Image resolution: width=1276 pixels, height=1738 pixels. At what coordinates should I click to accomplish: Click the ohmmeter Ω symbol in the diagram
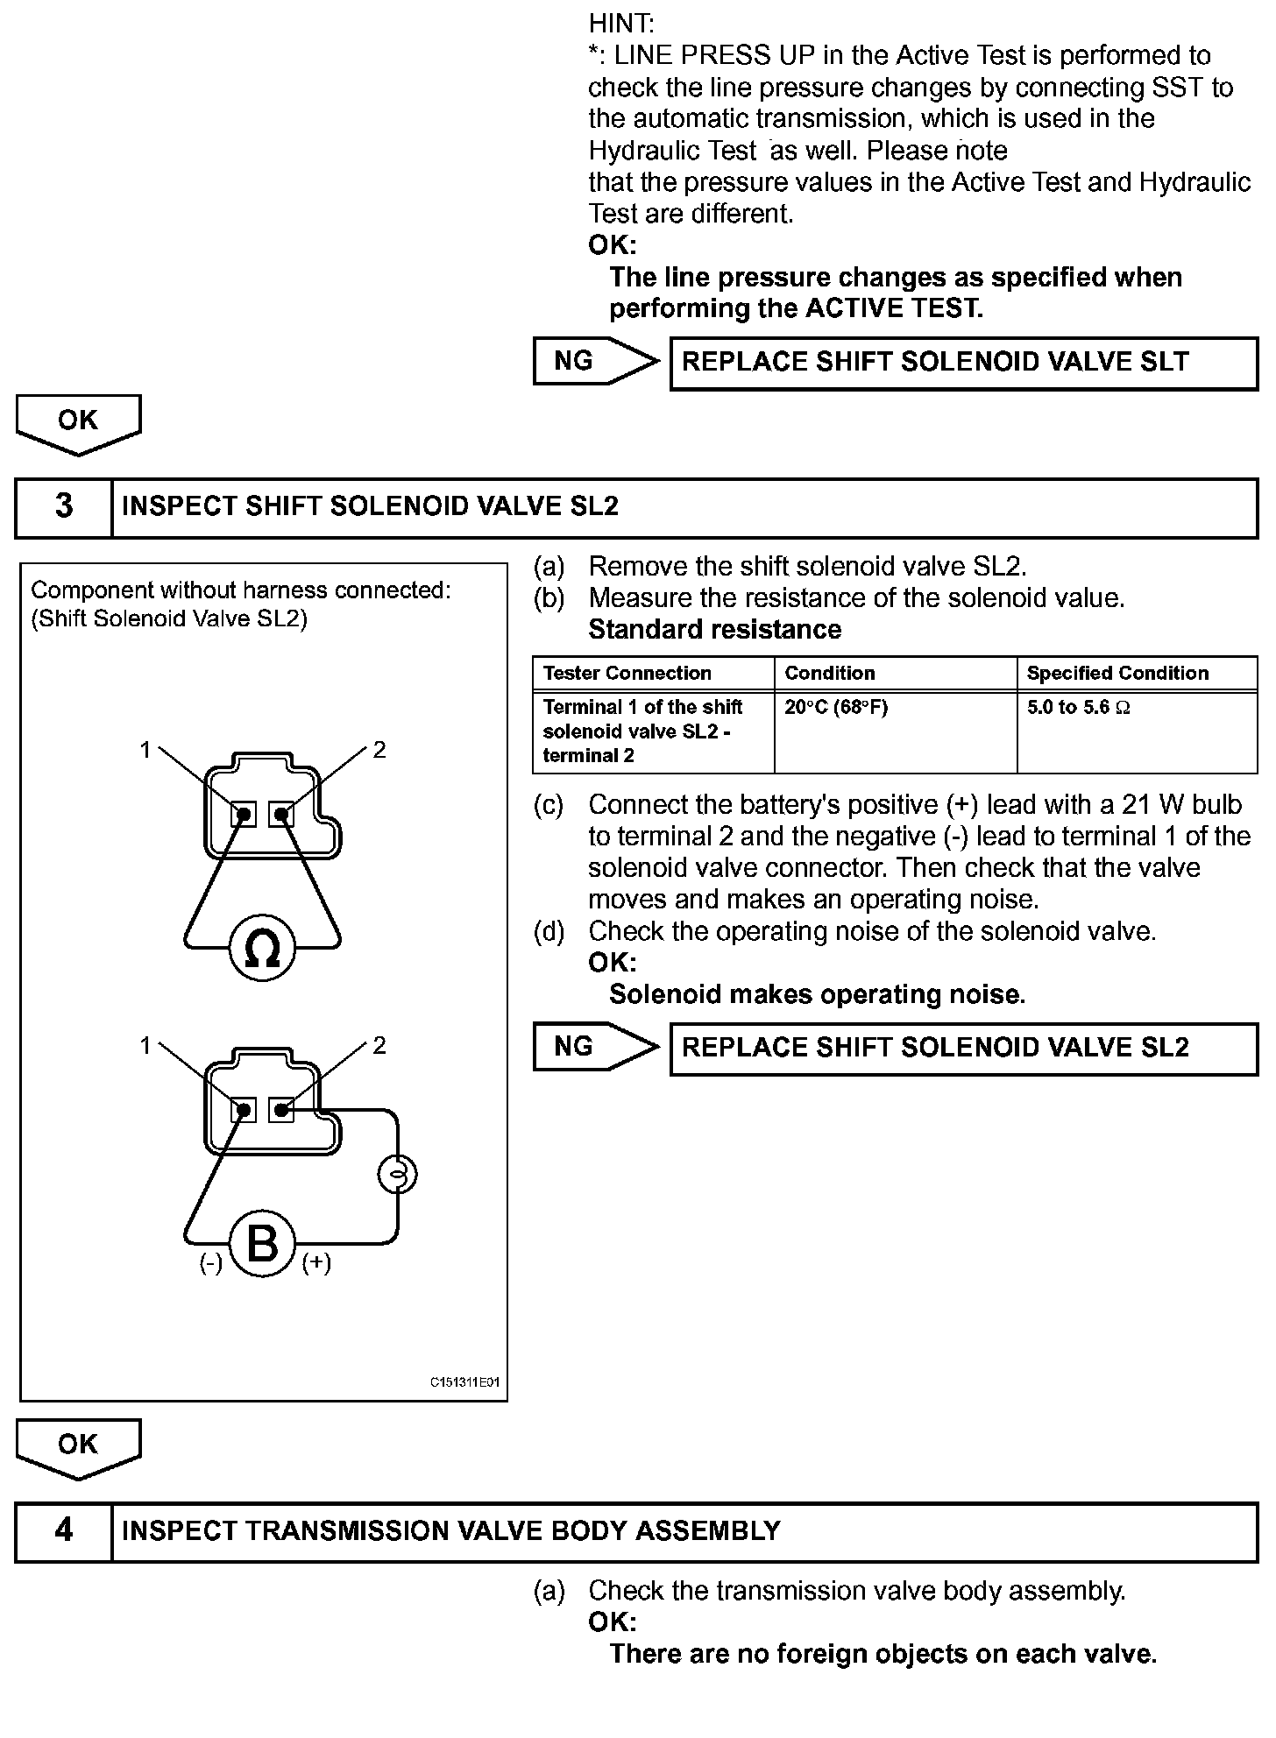click(x=262, y=948)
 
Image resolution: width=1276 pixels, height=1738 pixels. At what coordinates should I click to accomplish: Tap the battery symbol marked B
click(x=262, y=1243)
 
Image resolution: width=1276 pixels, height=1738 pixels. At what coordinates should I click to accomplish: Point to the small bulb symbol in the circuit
click(x=397, y=1175)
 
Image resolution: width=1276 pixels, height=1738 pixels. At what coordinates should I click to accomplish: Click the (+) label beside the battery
click(x=316, y=1262)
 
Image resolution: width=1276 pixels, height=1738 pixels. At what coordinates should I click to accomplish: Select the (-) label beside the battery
click(x=210, y=1262)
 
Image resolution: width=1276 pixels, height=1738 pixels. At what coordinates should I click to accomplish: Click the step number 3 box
click(x=64, y=506)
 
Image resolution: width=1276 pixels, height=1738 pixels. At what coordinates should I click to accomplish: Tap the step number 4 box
click(x=64, y=1530)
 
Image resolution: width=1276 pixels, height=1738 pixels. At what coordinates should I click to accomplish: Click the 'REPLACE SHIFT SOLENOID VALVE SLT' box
click(x=963, y=363)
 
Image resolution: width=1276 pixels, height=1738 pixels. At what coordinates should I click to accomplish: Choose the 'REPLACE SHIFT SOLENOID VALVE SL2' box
click(x=963, y=1048)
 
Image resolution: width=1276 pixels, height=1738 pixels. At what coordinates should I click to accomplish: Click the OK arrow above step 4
click(x=78, y=1448)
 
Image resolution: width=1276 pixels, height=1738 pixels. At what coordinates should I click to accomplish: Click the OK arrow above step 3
click(x=78, y=423)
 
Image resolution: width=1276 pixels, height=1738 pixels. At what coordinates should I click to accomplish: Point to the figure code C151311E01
click(x=464, y=1382)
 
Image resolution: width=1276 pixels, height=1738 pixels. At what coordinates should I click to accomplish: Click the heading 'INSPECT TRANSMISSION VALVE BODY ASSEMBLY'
click(x=450, y=1530)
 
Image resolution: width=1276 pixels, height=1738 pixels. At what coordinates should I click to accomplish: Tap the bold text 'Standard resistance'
click(x=714, y=629)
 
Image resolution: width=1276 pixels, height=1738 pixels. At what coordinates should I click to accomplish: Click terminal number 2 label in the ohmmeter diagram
click(x=379, y=749)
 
